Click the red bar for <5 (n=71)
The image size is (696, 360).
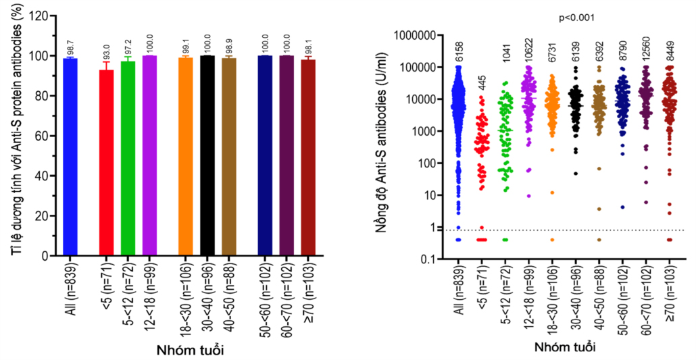pos(106,162)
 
